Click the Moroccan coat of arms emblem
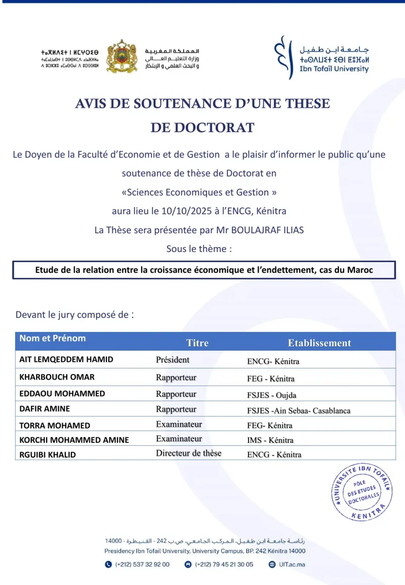click(x=121, y=56)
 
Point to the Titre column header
click(x=197, y=343)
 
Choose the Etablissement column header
click(x=319, y=343)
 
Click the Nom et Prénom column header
click(x=53, y=338)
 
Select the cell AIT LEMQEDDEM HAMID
click(x=66, y=359)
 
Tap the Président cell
click(x=173, y=360)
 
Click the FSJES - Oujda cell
click(x=272, y=395)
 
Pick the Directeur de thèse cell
click(x=188, y=453)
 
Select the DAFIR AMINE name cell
click(x=45, y=408)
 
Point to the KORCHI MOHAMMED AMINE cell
click(x=74, y=440)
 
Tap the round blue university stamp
click(x=362, y=491)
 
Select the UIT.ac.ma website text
click(x=292, y=564)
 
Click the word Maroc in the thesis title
click(x=360, y=270)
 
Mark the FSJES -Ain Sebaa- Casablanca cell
click(x=299, y=410)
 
